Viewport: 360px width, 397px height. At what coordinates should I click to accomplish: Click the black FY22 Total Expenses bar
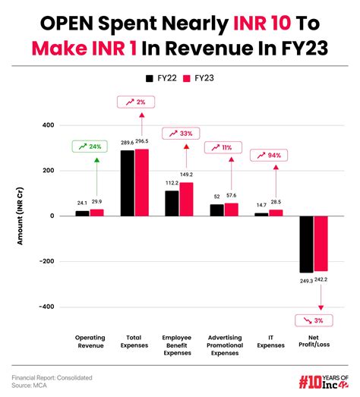127,183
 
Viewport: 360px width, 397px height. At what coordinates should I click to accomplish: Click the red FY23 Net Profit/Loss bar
320,243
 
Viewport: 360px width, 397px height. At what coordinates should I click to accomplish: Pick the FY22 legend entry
159,78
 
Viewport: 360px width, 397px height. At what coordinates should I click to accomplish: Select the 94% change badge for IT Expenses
270,155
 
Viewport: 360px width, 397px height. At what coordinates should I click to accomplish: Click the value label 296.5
142,141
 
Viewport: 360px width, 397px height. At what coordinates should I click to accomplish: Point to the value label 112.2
171,183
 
